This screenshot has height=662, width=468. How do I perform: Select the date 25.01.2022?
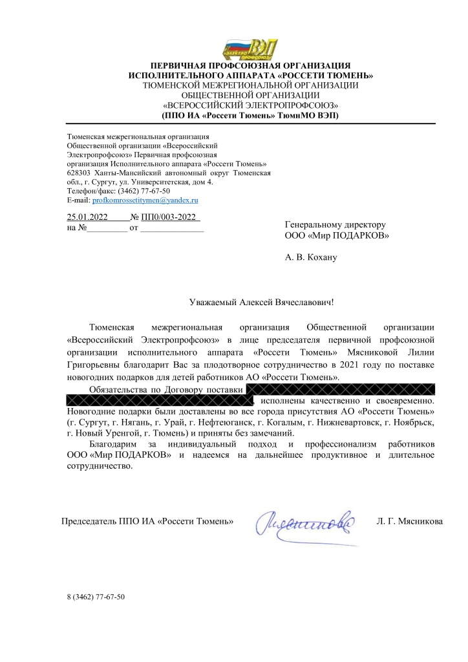point(87,217)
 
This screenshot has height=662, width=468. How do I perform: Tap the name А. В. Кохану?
point(311,257)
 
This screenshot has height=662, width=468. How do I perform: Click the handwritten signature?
point(307,521)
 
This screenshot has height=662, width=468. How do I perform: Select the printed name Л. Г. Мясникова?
point(409,521)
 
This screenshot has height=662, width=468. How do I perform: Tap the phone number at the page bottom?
point(95,597)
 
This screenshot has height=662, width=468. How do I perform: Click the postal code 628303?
point(78,173)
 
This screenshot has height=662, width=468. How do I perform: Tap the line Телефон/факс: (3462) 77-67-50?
point(119,192)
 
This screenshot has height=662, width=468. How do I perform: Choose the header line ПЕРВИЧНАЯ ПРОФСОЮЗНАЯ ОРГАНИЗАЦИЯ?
point(250,66)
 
